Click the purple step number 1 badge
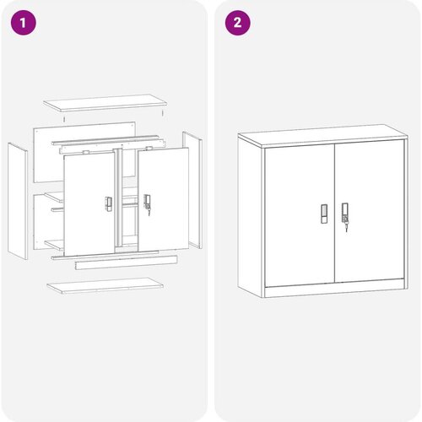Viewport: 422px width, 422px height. point(24,23)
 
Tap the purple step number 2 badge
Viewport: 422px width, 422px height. point(238,23)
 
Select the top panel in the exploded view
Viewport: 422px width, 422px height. point(105,103)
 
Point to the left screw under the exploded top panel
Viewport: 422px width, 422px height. point(64,119)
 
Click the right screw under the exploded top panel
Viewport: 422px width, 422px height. point(163,113)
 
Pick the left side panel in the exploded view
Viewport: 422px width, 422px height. point(18,201)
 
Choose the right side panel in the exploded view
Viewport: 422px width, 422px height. point(192,190)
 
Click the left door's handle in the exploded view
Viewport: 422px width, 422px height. point(109,204)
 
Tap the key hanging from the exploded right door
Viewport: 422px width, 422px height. point(149,210)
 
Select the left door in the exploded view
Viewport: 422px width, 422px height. point(89,203)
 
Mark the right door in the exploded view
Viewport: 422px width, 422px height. point(163,199)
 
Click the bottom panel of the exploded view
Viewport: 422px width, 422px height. point(105,285)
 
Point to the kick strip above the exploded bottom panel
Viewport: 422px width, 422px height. point(127,262)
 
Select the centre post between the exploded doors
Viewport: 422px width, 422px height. point(119,197)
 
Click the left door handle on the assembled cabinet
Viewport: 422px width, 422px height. point(324,214)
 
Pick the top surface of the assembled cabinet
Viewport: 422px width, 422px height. point(322,136)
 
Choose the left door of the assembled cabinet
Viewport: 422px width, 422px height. point(300,215)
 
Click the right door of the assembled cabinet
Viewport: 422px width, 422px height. point(370,211)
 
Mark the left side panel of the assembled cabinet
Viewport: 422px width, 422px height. point(250,218)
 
